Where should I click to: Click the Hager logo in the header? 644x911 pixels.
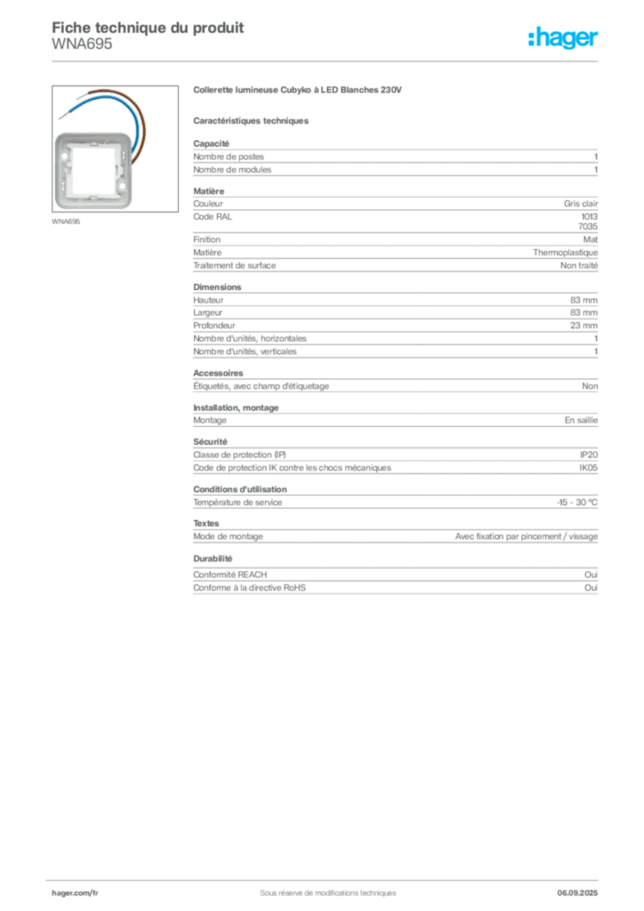[563, 37]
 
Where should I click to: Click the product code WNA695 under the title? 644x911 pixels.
[82, 44]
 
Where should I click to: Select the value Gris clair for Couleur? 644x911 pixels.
[580, 204]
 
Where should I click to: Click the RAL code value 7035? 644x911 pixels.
[588, 227]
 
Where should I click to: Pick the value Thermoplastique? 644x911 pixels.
[565, 253]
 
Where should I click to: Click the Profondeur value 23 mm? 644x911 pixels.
[584, 326]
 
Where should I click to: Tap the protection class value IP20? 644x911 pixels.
[588, 455]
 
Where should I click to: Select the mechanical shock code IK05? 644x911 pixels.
[588, 468]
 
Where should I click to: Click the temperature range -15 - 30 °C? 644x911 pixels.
[577, 503]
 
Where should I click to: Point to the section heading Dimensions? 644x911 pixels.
[217, 287]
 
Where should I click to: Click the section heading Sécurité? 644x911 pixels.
[210, 441]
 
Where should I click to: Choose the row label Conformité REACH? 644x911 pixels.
[230, 575]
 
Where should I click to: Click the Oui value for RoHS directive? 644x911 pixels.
[591, 588]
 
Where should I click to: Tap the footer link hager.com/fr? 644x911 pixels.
[75, 893]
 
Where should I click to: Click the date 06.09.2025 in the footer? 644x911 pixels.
[577, 893]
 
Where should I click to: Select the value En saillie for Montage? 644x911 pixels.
[581, 420]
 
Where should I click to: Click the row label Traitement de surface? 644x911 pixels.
[235, 265]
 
